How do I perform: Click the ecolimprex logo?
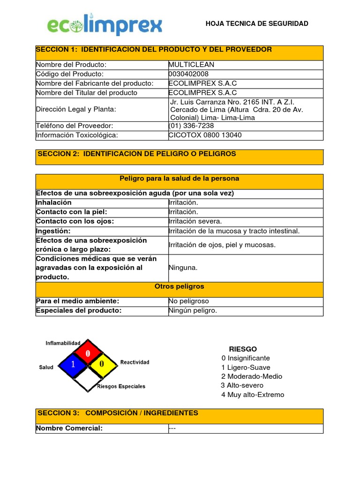[x=105, y=26]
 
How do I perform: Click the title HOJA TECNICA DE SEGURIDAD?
[x=257, y=23]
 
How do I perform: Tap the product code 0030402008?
[x=189, y=74]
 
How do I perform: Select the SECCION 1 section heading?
[x=154, y=50]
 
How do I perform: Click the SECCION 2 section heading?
[x=137, y=154]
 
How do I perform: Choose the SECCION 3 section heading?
[x=118, y=413]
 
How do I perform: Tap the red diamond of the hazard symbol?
[x=87, y=352]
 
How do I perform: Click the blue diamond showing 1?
[x=73, y=365]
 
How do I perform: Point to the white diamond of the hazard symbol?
[x=87, y=378]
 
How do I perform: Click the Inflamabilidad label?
[x=63, y=343]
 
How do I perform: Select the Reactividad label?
[x=135, y=362]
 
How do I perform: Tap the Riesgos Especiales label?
[x=121, y=387]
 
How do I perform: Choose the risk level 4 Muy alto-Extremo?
[x=253, y=395]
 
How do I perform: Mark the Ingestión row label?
[x=53, y=231]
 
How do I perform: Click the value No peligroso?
[x=188, y=301]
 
